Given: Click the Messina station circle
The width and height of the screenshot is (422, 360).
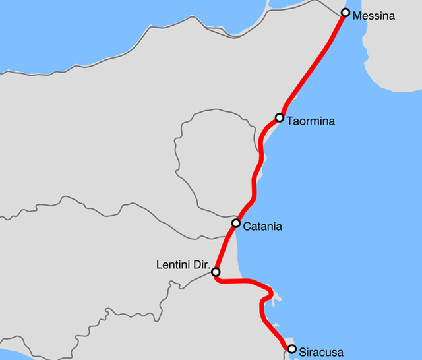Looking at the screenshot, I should (x=345, y=13).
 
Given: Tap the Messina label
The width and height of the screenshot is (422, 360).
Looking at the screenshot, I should (x=374, y=15).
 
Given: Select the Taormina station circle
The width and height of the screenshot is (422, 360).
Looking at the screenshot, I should (x=280, y=118).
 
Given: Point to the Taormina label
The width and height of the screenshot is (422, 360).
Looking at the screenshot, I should (x=311, y=121).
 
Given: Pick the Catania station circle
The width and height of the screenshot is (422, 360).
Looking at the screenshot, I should (x=236, y=223).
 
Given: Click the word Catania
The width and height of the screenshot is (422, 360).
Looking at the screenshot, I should (x=262, y=227).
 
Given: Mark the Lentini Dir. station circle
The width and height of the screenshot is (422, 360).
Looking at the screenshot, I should (x=215, y=272).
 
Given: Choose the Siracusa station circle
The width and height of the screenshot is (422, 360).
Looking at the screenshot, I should (x=292, y=349).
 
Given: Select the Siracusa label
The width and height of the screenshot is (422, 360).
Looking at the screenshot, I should (x=321, y=352).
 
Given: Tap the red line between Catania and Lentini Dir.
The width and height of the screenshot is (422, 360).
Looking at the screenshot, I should (x=226, y=247).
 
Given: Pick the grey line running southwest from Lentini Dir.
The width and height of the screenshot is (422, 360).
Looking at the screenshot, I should (x=185, y=284).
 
